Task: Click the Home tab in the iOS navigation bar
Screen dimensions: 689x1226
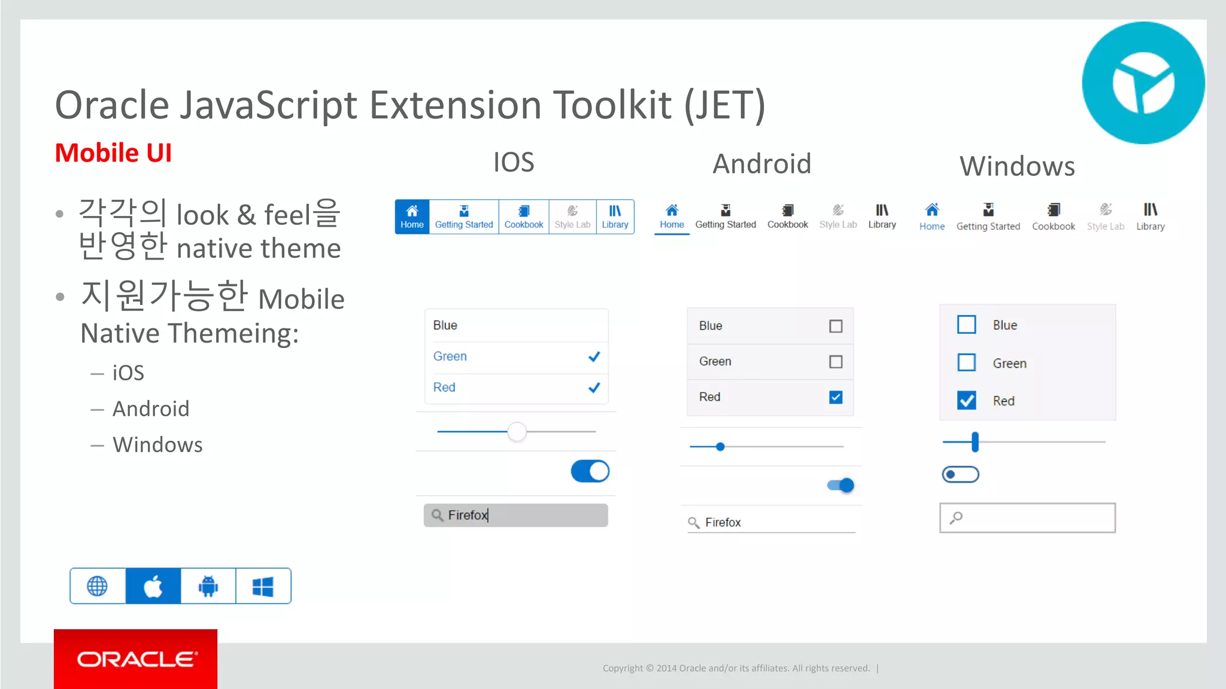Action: tap(412, 217)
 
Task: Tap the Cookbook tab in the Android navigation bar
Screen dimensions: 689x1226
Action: tap(787, 217)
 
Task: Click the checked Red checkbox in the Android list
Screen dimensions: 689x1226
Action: tap(836, 397)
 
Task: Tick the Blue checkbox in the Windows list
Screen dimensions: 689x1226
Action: tap(966, 325)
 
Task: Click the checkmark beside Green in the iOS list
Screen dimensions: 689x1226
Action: tap(594, 357)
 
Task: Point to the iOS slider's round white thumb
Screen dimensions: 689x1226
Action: tap(517, 431)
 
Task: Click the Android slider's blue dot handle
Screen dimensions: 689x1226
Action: tap(720, 447)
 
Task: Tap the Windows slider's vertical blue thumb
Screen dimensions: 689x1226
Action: tap(975, 442)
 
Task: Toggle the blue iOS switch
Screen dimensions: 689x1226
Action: tap(590, 471)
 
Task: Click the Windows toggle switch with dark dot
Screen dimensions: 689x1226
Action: tap(960, 475)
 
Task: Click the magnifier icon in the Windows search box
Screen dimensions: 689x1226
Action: tap(956, 517)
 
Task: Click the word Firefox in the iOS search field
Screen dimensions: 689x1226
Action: tap(468, 515)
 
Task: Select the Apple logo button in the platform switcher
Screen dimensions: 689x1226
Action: tap(153, 586)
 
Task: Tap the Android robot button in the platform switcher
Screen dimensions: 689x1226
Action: tap(208, 586)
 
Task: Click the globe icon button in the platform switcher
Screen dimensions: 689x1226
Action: tap(98, 586)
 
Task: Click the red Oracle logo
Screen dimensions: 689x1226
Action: tap(136, 659)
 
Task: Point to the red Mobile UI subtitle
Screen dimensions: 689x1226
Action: tap(113, 153)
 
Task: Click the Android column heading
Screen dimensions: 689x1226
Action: tap(761, 164)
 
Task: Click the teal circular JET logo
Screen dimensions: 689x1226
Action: tap(1143, 83)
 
